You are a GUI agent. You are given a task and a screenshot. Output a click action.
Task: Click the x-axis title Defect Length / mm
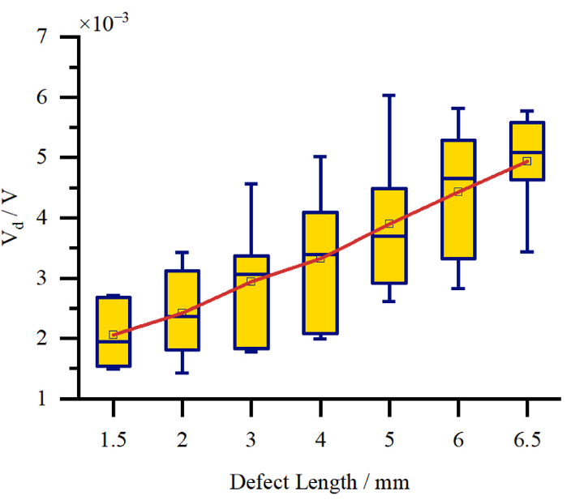click(x=320, y=483)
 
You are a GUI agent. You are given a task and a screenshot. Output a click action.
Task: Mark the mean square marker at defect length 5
click(x=389, y=224)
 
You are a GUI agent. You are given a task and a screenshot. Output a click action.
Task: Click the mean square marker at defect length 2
click(x=182, y=312)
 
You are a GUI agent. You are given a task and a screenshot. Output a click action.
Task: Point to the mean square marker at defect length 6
click(x=458, y=192)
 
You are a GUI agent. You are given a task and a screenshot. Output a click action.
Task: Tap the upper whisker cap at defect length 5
click(x=389, y=96)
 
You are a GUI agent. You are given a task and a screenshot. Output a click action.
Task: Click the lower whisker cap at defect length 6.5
click(x=526, y=252)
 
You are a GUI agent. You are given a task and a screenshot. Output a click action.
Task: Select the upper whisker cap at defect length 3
click(x=251, y=184)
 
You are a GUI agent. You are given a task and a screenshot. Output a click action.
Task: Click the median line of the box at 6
click(x=458, y=177)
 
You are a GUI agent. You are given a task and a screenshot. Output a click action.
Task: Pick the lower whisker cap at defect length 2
click(x=182, y=373)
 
